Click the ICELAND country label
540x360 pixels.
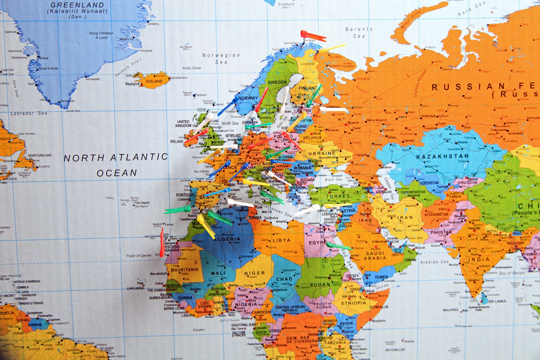point(154,81)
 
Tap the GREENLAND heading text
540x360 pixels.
point(77,5)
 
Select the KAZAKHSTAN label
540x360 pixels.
point(442,156)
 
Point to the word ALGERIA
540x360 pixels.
point(227,239)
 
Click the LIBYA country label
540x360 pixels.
point(281,240)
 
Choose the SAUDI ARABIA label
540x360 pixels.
point(375,255)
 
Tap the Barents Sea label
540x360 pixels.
point(359,33)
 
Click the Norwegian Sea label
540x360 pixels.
point(221,58)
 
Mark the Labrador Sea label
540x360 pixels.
point(29,113)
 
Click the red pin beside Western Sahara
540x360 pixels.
point(162,242)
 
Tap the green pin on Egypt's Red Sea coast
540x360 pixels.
point(339,246)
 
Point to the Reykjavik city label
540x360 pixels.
point(132,84)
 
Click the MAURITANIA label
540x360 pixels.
point(184,269)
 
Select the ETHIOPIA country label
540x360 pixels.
point(354,303)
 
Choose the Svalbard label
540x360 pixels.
point(286,5)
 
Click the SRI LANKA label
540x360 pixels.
point(497,301)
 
